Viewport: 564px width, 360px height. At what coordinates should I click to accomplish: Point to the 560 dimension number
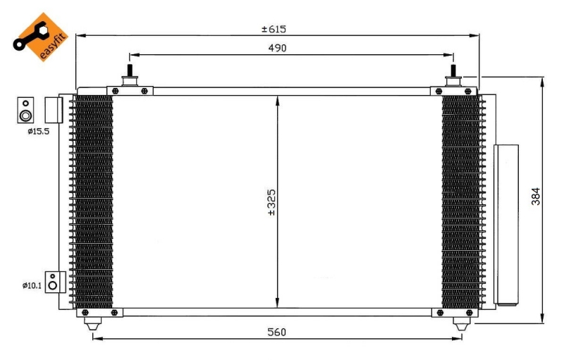pos(277,332)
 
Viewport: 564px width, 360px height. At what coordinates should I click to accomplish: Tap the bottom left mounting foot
pos(92,324)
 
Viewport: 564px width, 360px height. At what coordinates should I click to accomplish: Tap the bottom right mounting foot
pos(462,324)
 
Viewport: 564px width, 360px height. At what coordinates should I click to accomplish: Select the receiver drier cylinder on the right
pos(506,224)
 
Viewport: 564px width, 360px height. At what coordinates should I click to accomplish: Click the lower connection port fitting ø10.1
pos(53,283)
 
